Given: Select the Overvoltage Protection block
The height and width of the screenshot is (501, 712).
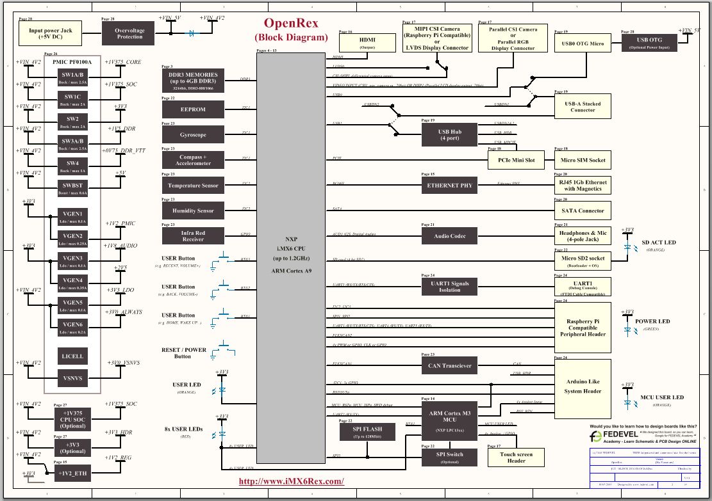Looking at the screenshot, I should (x=128, y=33).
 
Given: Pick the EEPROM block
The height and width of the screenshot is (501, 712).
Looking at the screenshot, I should (x=193, y=109).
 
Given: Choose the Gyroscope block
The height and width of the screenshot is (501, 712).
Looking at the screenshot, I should (x=193, y=135).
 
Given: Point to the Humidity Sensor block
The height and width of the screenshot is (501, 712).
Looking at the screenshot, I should (x=193, y=211).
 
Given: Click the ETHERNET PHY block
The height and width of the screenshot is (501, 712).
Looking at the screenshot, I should (x=449, y=186).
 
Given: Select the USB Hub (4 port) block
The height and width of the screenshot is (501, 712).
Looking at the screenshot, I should (x=449, y=134).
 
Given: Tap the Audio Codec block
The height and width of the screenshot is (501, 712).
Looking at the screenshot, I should (x=449, y=236).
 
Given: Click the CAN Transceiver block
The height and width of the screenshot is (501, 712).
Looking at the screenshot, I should (x=449, y=366).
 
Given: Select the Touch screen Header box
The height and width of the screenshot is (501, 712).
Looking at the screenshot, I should (x=516, y=457).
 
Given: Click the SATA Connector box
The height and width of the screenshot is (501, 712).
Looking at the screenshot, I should (x=583, y=211).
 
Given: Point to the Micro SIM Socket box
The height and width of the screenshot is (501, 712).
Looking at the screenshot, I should (x=583, y=160).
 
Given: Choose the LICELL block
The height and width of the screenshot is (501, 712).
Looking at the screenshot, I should (x=72, y=356).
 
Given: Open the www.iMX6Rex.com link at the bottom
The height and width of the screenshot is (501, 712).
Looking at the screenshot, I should (x=291, y=481).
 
